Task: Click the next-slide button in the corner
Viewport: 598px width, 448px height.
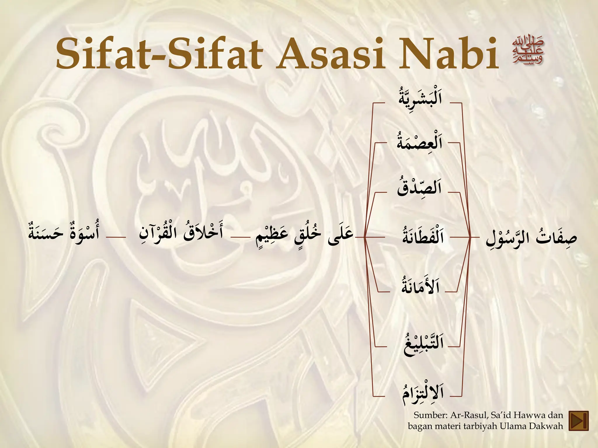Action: pyautogui.click(x=579, y=421)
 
